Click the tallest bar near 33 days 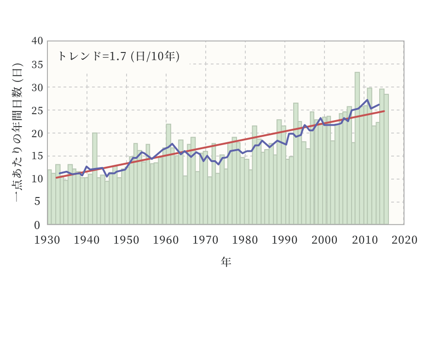357,147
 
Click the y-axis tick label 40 38,41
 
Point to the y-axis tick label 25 38,110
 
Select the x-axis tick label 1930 47,240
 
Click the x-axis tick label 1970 206,240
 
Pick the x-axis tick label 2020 405,240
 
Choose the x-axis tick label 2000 325,240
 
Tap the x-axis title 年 226,262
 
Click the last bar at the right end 387,159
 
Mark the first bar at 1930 49,197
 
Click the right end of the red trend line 384,111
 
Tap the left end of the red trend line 56,177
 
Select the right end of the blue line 379,105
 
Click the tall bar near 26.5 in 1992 296,163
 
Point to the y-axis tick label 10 38,179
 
